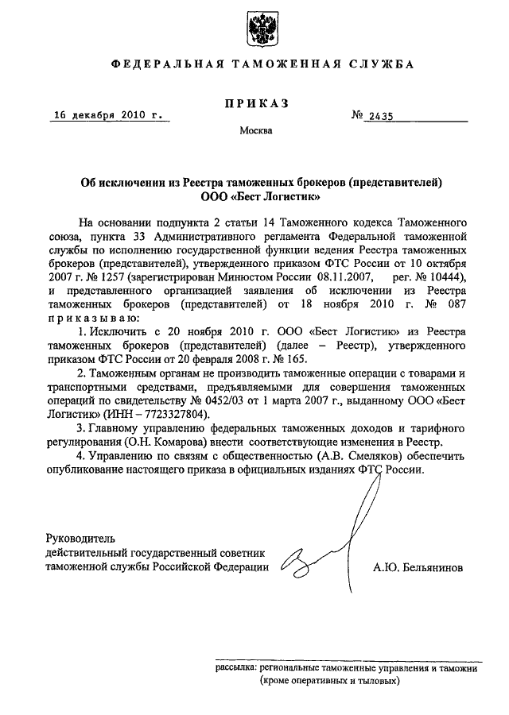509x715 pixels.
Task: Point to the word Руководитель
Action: pos(81,538)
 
